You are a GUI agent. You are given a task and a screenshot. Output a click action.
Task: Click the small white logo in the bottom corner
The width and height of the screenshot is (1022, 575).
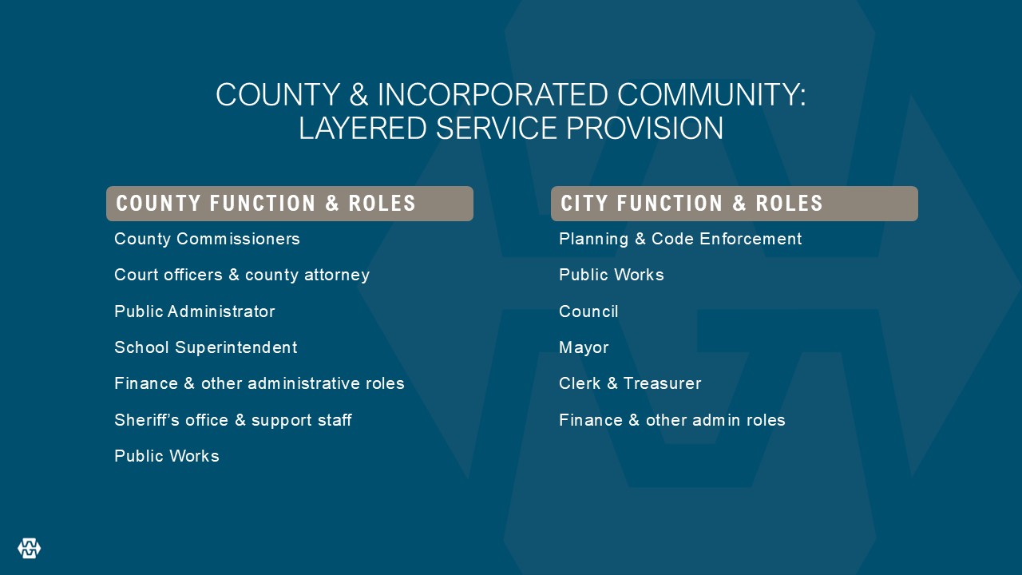coord(30,548)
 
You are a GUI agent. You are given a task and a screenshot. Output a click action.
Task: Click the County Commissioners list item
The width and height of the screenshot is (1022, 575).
coord(207,239)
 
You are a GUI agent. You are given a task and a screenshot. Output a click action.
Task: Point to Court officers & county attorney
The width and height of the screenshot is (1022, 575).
coord(242,275)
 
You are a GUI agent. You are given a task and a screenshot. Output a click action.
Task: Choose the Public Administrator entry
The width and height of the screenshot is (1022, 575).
coord(195,311)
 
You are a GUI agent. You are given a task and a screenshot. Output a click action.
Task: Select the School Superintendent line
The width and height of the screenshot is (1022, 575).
coord(206,347)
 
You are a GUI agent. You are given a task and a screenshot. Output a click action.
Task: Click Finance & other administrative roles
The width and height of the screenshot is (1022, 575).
coord(259,383)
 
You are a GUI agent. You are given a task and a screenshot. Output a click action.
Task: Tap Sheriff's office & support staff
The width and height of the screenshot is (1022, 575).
coord(233,420)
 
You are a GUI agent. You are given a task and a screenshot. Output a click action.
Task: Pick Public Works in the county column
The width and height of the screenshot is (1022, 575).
coord(167,456)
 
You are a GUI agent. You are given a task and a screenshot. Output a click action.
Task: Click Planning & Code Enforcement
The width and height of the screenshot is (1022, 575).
coord(680,239)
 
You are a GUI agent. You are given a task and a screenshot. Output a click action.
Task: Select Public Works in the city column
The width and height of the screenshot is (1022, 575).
coord(612,275)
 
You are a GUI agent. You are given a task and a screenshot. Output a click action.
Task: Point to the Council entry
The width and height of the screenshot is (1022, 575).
coord(588,311)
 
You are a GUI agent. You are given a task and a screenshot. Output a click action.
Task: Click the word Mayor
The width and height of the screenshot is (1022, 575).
coord(584,347)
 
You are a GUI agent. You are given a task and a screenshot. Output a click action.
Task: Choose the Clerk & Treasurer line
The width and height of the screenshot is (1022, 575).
coord(630,383)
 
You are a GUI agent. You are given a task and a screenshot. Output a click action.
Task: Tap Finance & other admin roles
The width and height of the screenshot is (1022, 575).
coord(672,420)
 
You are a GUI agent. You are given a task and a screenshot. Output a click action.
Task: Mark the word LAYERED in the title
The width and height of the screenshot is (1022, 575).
coord(362,128)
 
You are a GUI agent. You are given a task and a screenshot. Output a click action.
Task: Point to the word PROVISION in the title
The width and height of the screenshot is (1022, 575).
coord(644,128)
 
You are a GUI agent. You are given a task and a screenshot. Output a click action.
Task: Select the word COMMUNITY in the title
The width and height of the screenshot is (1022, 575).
coord(711,94)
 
